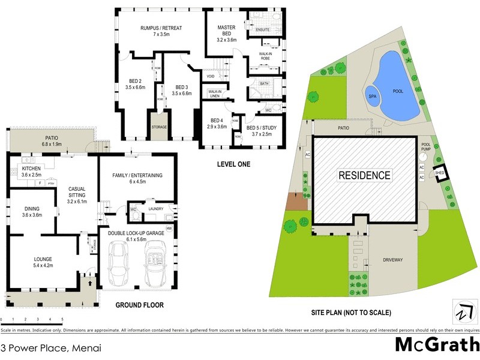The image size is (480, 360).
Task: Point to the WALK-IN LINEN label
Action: [x=214, y=93]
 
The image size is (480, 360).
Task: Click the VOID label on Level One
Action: [x=211, y=76]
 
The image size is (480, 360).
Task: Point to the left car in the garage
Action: [x=119, y=264]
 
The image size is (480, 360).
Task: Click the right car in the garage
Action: [x=156, y=264]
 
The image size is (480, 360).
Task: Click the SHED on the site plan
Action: [x=440, y=172]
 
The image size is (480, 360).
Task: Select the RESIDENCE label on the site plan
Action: [x=365, y=176]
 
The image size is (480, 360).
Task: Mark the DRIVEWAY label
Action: [x=395, y=260]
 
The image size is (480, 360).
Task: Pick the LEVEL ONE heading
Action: [x=233, y=164]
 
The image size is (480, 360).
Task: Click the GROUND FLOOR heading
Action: [x=139, y=305]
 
